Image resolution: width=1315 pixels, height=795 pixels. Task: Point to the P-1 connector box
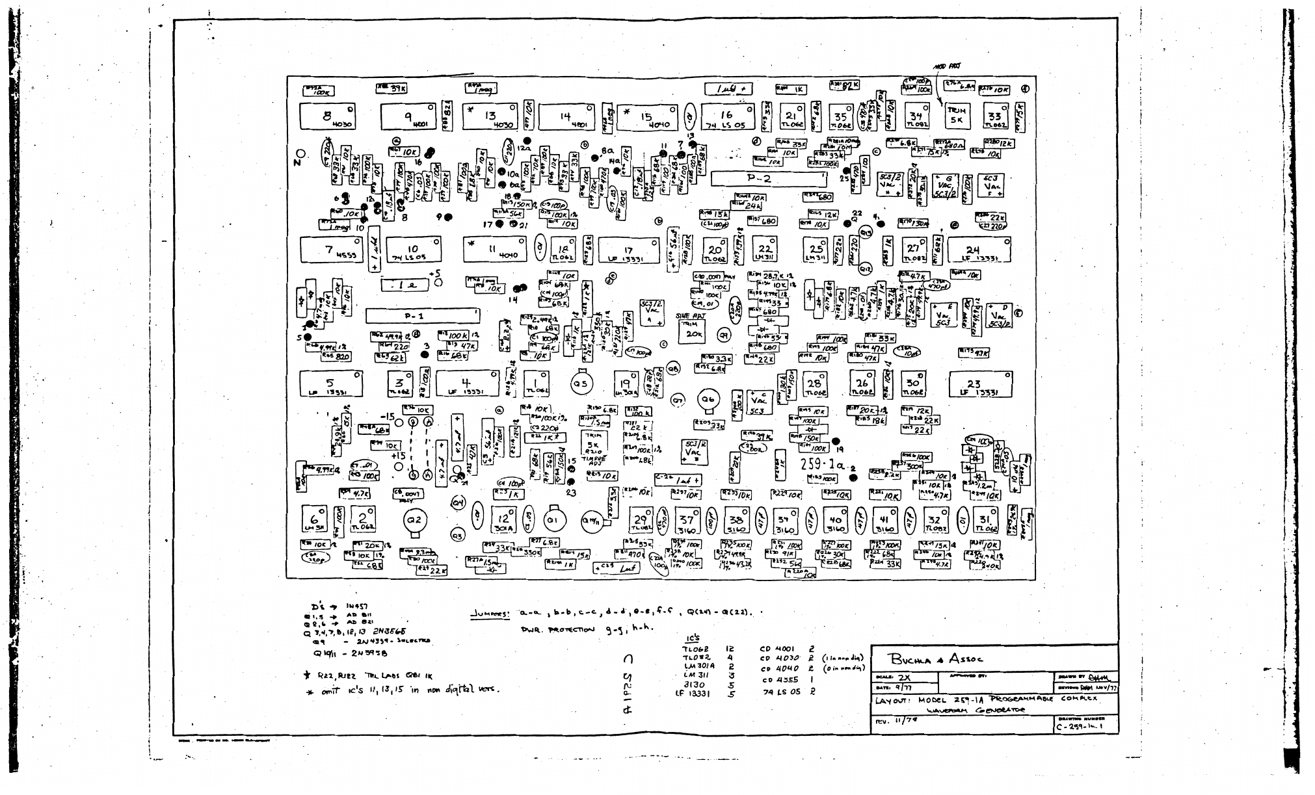(422, 316)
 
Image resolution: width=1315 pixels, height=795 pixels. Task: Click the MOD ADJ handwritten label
(948, 66)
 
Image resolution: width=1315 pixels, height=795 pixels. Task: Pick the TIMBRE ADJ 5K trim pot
(594, 445)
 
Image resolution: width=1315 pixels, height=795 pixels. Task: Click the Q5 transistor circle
(580, 384)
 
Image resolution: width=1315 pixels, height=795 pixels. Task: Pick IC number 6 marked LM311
(316, 521)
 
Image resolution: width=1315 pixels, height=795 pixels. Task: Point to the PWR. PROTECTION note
(558, 629)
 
